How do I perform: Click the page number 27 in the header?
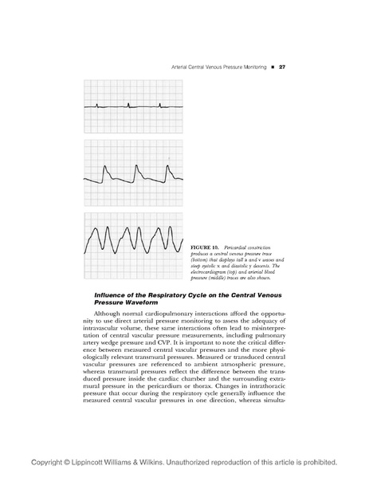281,66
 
